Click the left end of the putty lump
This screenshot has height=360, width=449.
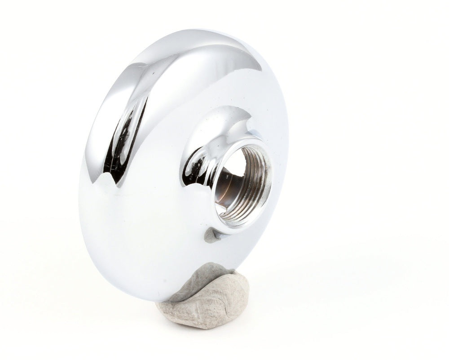[x=157, y=308]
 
